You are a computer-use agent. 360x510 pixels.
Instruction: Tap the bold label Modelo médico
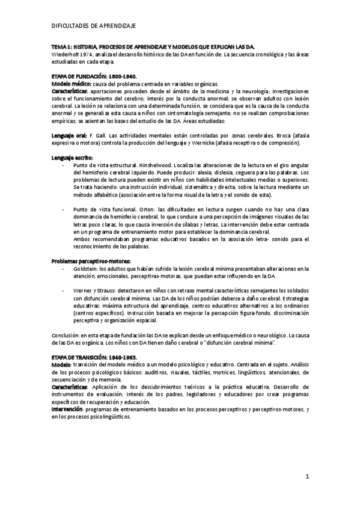(x=72, y=84)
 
